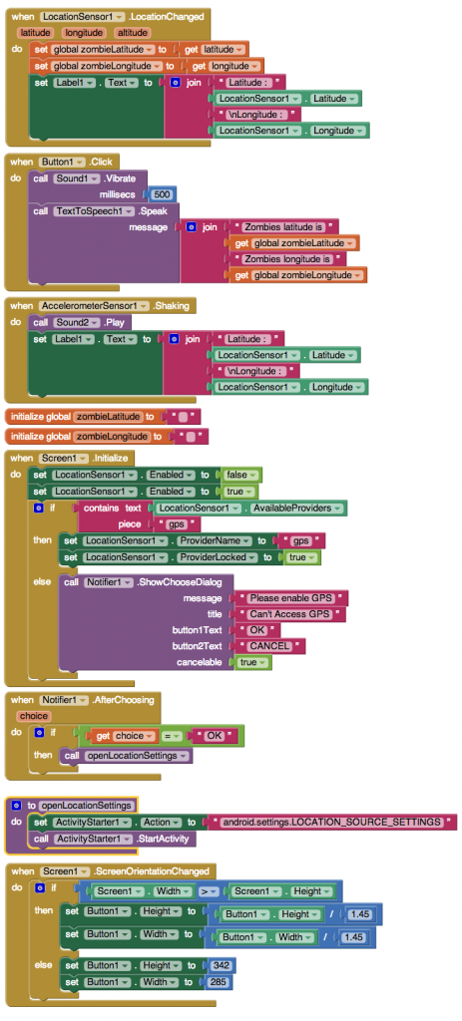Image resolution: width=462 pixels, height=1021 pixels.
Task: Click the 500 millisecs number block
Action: point(163,194)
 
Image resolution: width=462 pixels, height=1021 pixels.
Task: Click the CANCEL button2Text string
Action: point(269,646)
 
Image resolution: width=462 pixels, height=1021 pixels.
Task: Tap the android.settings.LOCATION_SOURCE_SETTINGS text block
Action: point(331,822)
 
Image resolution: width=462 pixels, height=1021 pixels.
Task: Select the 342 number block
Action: point(221,965)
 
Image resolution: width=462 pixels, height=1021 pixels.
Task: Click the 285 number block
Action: point(221,981)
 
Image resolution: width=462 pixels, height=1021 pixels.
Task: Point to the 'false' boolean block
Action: point(241,475)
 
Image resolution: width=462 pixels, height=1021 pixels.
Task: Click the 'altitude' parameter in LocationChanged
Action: point(133,33)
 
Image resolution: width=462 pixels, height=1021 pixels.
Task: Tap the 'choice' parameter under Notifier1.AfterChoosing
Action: point(33,716)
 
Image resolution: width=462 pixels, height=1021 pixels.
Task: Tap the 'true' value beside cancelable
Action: point(251,662)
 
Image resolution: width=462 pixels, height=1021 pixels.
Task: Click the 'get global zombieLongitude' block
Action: point(297,275)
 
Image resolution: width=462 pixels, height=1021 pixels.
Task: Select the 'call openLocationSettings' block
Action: point(126,756)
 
